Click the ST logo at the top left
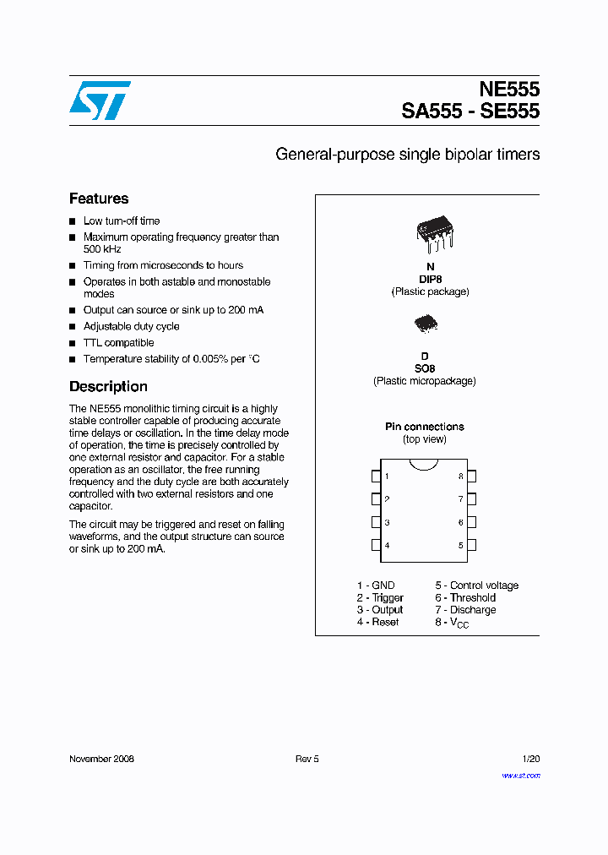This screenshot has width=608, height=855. tap(100, 101)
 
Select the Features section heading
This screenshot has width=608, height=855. tap(99, 199)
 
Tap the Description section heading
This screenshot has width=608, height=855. tap(108, 386)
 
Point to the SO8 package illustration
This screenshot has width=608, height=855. tap(426, 324)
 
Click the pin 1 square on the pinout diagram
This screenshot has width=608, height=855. tap(376, 477)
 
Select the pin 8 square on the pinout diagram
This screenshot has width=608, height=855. tap(471, 477)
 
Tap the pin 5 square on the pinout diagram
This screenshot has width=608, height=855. tap(471, 545)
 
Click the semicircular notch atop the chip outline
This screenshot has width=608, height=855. tap(424, 464)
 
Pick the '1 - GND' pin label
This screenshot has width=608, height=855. tap(375, 585)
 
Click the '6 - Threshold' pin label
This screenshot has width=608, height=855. tap(465, 597)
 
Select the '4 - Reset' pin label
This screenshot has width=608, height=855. tap(377, 622)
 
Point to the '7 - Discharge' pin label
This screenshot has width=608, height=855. tap(465, 610)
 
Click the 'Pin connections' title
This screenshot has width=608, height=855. tap(425, 427)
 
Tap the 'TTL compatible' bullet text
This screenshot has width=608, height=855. tap(118, 343)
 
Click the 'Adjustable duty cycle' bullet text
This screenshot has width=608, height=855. tap(131, 326)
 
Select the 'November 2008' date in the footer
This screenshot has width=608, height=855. tap(101, 759)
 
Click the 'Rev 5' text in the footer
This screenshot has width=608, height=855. tap(307, 759)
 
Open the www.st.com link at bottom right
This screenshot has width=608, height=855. tap(520, 775)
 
